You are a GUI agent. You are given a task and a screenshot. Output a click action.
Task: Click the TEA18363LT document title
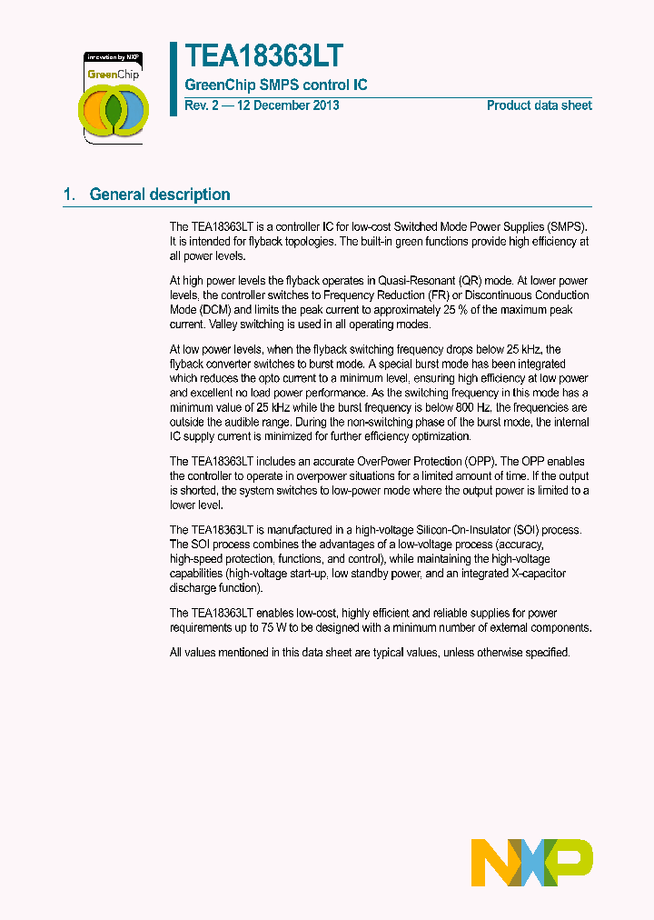click(x=264, y=57)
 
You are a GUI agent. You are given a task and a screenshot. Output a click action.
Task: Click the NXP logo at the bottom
click(x=531, y=863)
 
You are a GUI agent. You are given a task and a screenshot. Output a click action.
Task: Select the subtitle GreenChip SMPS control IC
click(x=276, y=85)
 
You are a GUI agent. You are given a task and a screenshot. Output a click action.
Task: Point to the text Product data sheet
click(x=539, y=105)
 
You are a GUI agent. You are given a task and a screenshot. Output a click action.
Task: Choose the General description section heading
click(x=160, y=195)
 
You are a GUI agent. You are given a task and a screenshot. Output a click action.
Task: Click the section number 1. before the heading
click(x=69, y=195)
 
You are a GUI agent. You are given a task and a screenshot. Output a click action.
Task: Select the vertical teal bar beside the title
click(x=173, y=79)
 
